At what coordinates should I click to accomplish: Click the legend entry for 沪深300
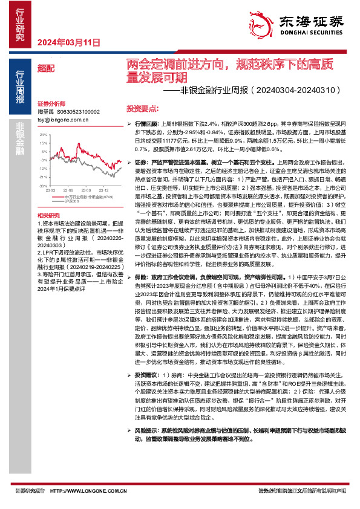coord(72,201)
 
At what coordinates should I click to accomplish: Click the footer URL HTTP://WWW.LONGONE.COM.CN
coord(72,491)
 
